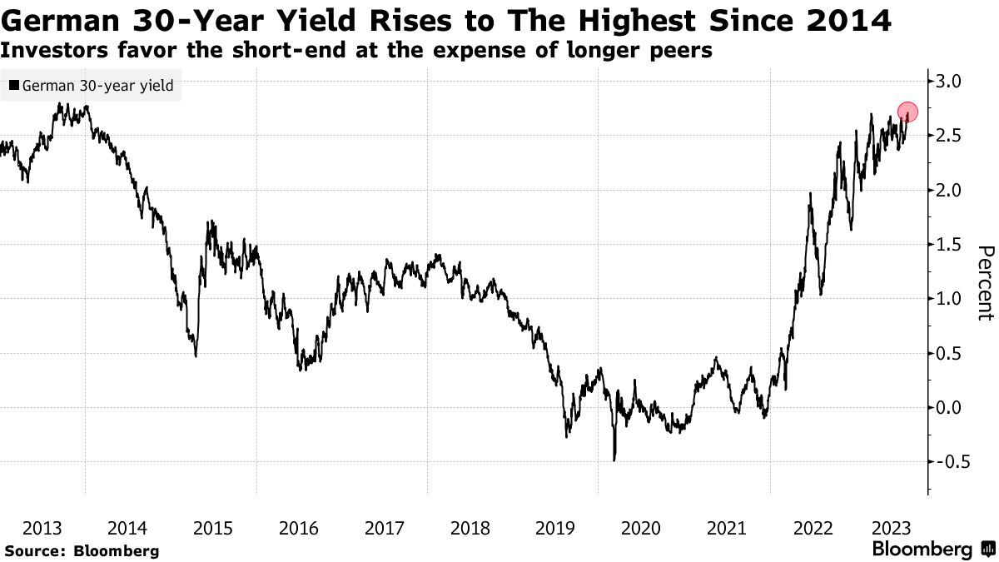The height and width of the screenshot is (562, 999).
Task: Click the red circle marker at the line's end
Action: (x=907, y=112)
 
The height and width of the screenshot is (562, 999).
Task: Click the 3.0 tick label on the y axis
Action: (x=950, y=82)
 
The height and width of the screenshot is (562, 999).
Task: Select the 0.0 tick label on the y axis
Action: (x=950, y=408)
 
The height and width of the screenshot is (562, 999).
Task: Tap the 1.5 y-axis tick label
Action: (x=950, y=245)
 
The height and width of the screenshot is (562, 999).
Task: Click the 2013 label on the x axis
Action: (x=42, y=528)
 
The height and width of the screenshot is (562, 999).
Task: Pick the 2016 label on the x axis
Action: (x=299, y=528)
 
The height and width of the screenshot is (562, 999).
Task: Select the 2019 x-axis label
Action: (x=555, y=528)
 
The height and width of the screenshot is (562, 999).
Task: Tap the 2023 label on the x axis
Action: (x=895, y=528)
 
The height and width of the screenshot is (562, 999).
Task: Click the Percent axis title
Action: (x=985, y=283)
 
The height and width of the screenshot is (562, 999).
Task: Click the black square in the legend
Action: (x=13, y=86)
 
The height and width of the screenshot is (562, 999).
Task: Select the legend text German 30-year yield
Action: (x=97, y=86)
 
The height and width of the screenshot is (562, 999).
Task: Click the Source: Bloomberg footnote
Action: (x=81, y=551)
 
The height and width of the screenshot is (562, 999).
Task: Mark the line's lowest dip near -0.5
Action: (x=614, y=459)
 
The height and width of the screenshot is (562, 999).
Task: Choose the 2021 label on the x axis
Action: (x=726, y=528)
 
